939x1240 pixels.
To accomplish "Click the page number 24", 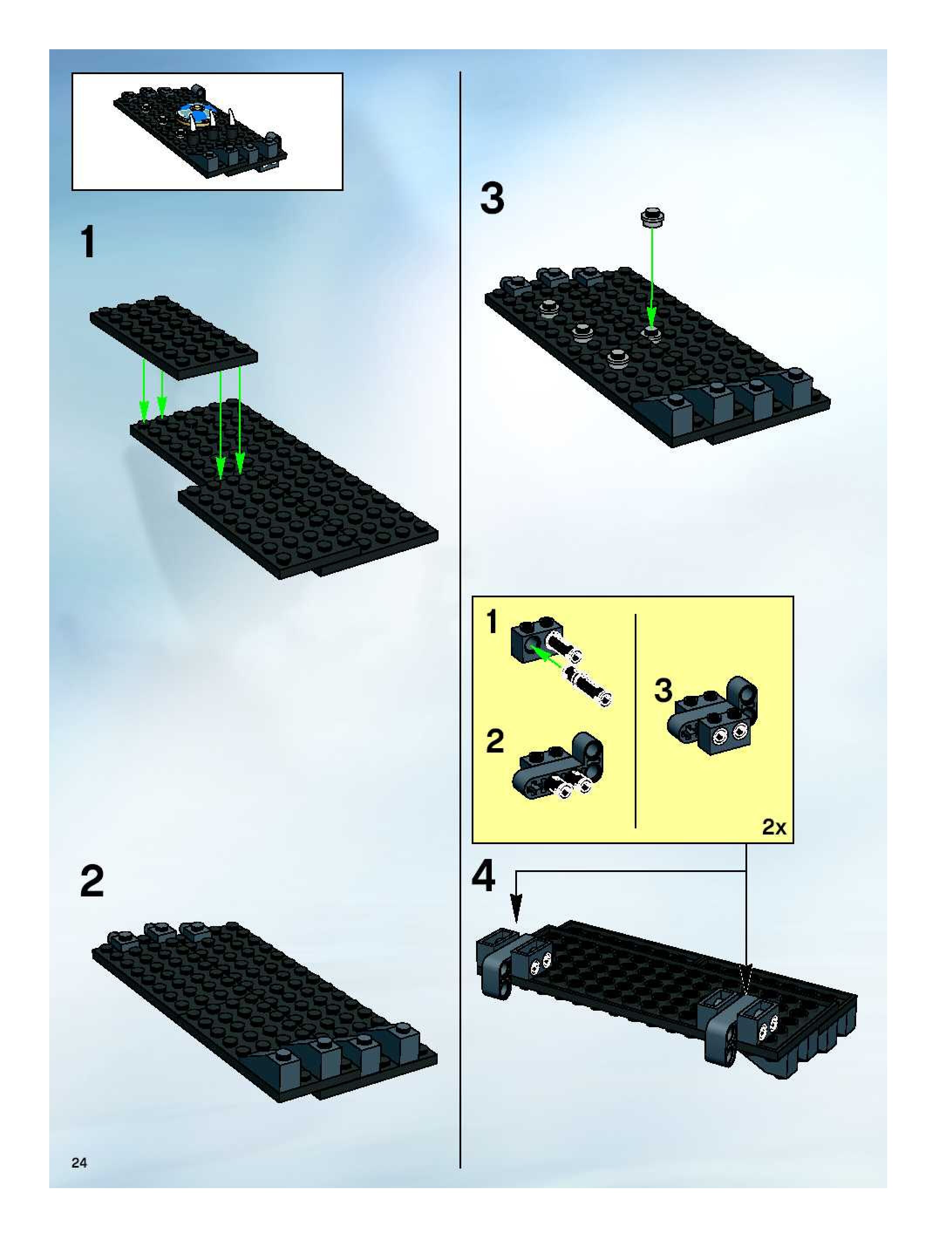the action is pyautogui.click(x=79, y=1163).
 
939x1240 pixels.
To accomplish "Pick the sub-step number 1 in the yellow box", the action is pyautogui.click(x=492, y=622).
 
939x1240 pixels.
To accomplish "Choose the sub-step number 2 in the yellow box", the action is pyautogui.click(x=494, y=741).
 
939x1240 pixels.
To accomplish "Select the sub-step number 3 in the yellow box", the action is pyautogui.click(x=663, y=691).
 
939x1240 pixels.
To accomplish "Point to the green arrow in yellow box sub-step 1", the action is pyautogui.click(x=547, y=657).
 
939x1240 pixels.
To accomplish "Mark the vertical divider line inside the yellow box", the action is pyautogui.click(x=635, y=723).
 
